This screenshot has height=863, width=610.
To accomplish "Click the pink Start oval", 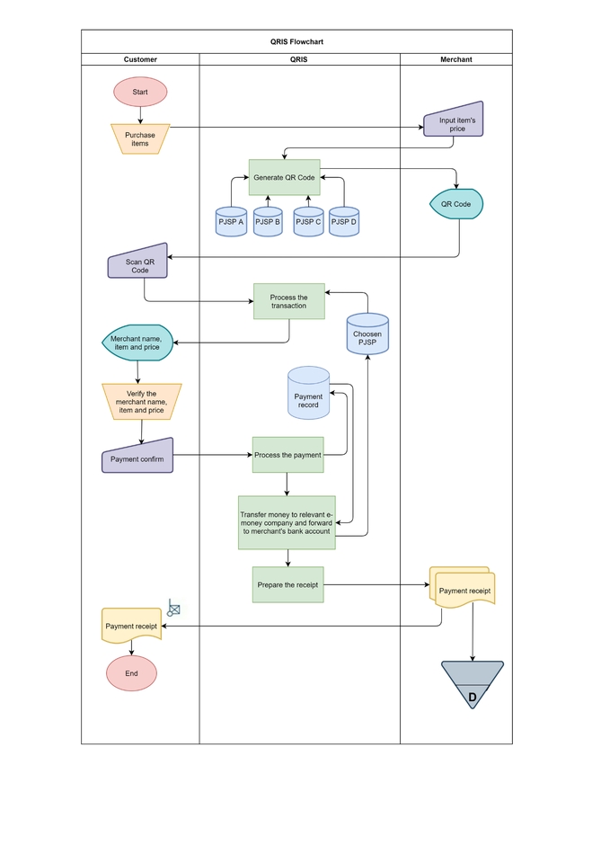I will [140, 92].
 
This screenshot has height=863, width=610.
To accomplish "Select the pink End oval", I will [131, 673].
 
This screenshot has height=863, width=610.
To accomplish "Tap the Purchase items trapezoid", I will [140, 138].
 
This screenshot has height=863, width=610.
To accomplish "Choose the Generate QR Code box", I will [284, 178].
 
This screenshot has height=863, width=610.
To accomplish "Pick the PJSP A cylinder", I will [231, 220].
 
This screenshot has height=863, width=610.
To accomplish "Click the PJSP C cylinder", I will [308, 220].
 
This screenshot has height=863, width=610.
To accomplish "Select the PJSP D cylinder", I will [343, 220].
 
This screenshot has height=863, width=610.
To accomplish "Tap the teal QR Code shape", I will [455, 204].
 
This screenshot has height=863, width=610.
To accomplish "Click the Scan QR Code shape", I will [139, 264].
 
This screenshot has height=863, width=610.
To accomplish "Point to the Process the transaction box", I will [288, 302].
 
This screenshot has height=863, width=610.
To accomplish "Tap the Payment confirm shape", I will [137, 458].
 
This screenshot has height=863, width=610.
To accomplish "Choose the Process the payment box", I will [287, 455].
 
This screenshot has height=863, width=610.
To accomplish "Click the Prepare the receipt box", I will [287, 585].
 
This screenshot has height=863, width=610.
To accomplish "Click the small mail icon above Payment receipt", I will [173, 609].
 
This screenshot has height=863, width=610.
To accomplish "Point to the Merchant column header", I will [455, 59].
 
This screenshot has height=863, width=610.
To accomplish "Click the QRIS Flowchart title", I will [296, 41].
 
